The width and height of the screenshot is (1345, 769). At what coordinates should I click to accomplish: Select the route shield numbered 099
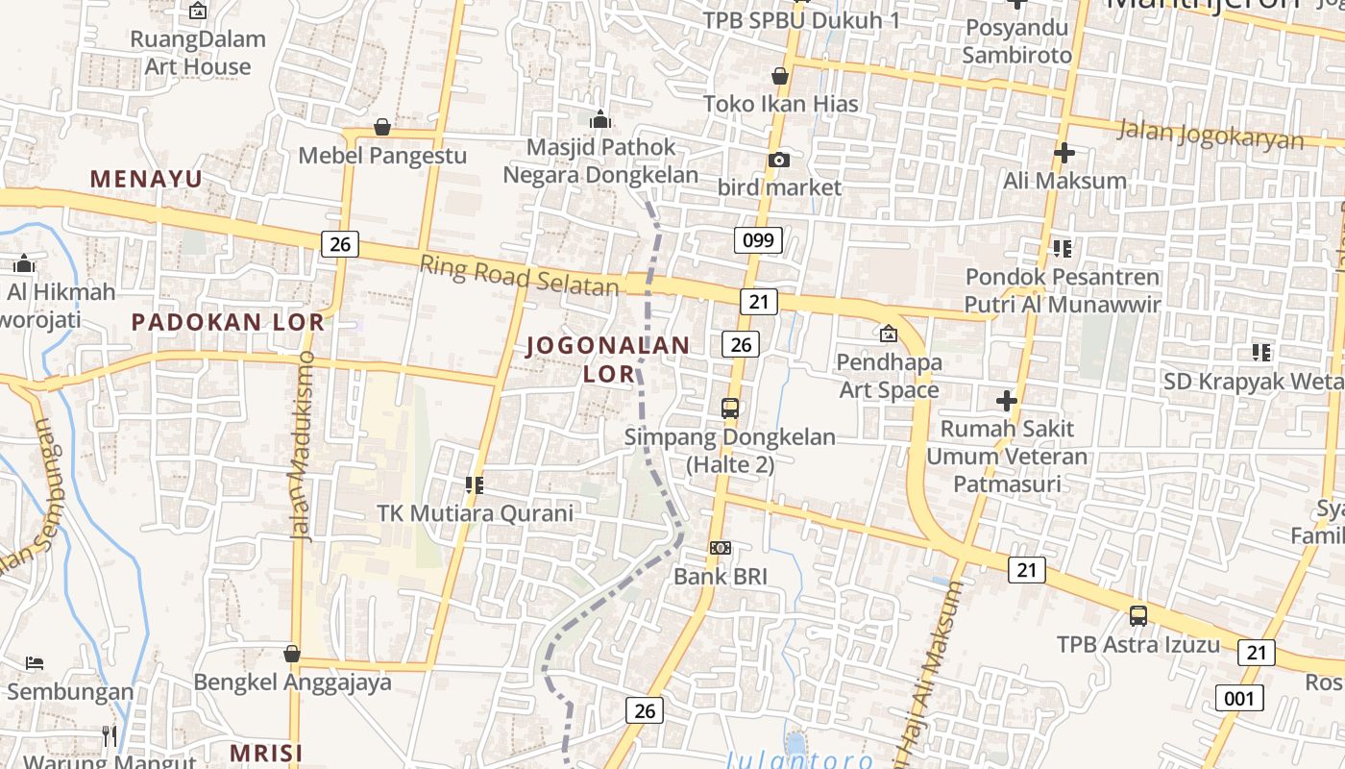tap(758, 240)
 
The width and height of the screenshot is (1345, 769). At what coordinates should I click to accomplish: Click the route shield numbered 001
tap(1238, 697)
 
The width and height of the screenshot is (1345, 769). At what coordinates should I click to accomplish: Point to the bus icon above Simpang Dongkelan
tap(730, 408)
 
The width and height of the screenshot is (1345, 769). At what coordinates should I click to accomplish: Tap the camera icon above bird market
tap(779, 160)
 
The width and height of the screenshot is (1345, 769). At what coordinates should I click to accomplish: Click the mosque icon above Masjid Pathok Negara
tap(601, 119)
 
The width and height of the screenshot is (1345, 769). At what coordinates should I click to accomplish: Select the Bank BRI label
tap(721, 577)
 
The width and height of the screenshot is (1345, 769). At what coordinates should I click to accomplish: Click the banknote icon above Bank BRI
tap(721, 548)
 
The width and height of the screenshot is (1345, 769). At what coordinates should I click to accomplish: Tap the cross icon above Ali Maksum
tap(1064, 153)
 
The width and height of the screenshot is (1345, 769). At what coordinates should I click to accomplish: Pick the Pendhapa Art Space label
tap(889, 376)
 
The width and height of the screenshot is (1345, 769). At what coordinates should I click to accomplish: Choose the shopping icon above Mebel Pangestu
tap(382, 127)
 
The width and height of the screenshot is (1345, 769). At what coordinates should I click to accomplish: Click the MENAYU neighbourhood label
tap(146, 179)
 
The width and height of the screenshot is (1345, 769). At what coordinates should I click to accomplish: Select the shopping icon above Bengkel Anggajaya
tap(292, 654)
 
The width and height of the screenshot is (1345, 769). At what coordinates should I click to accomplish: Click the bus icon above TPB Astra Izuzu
tap(1138, 616)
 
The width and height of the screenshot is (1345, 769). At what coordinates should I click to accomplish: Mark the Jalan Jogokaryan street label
tap(1210, 134)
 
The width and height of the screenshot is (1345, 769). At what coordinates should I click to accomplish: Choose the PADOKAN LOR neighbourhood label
tap(228, 322)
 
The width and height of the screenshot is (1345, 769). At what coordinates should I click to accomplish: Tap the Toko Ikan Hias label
tap(780, 104)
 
